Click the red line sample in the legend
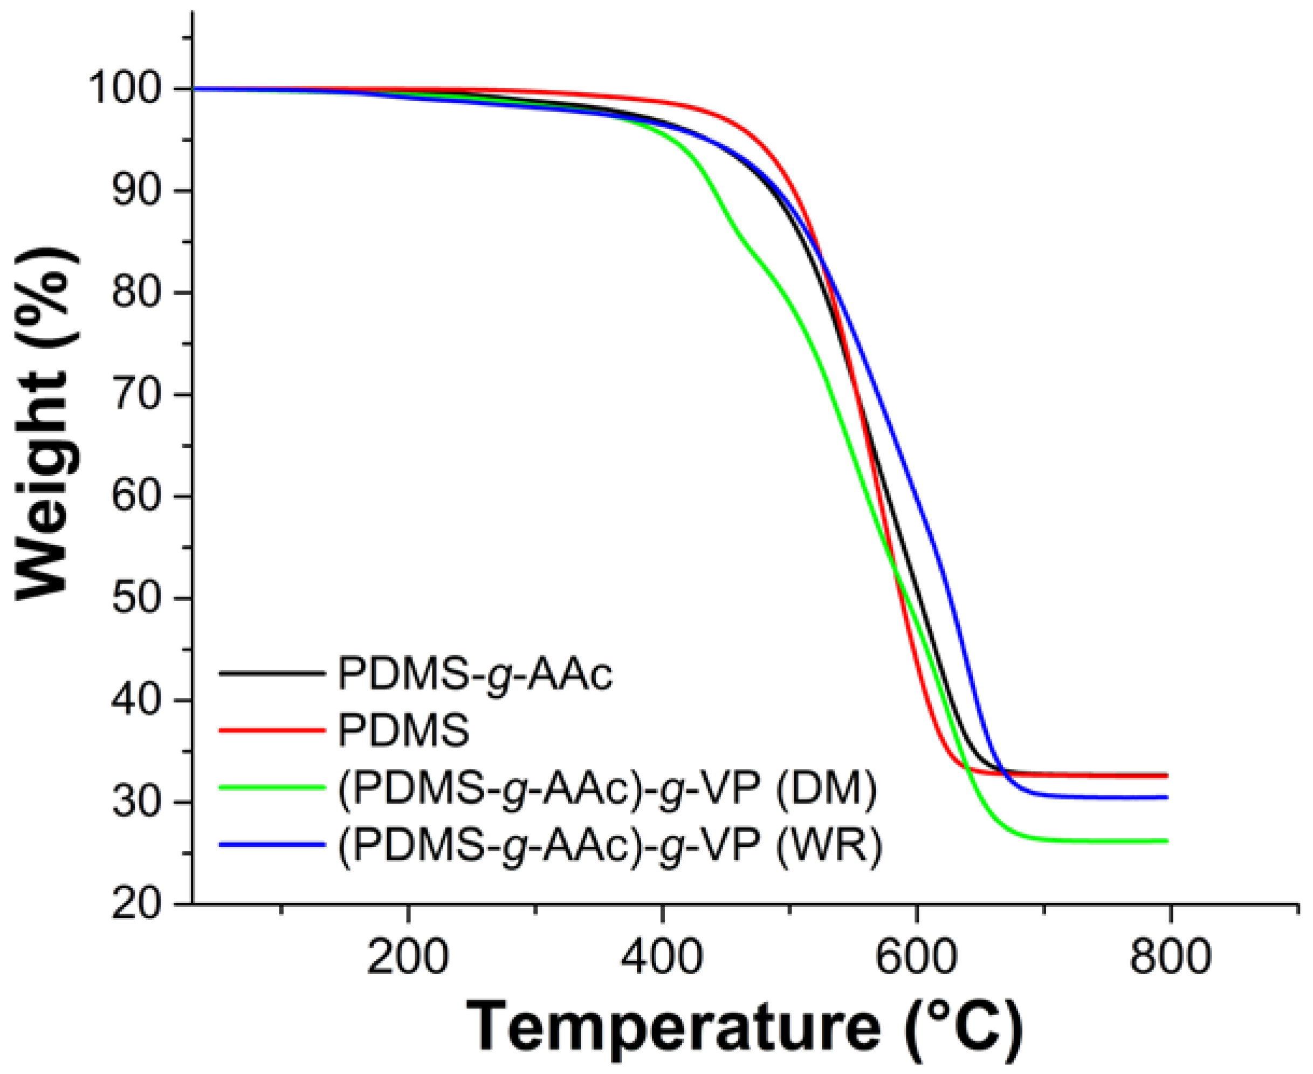tap(272, 731)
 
